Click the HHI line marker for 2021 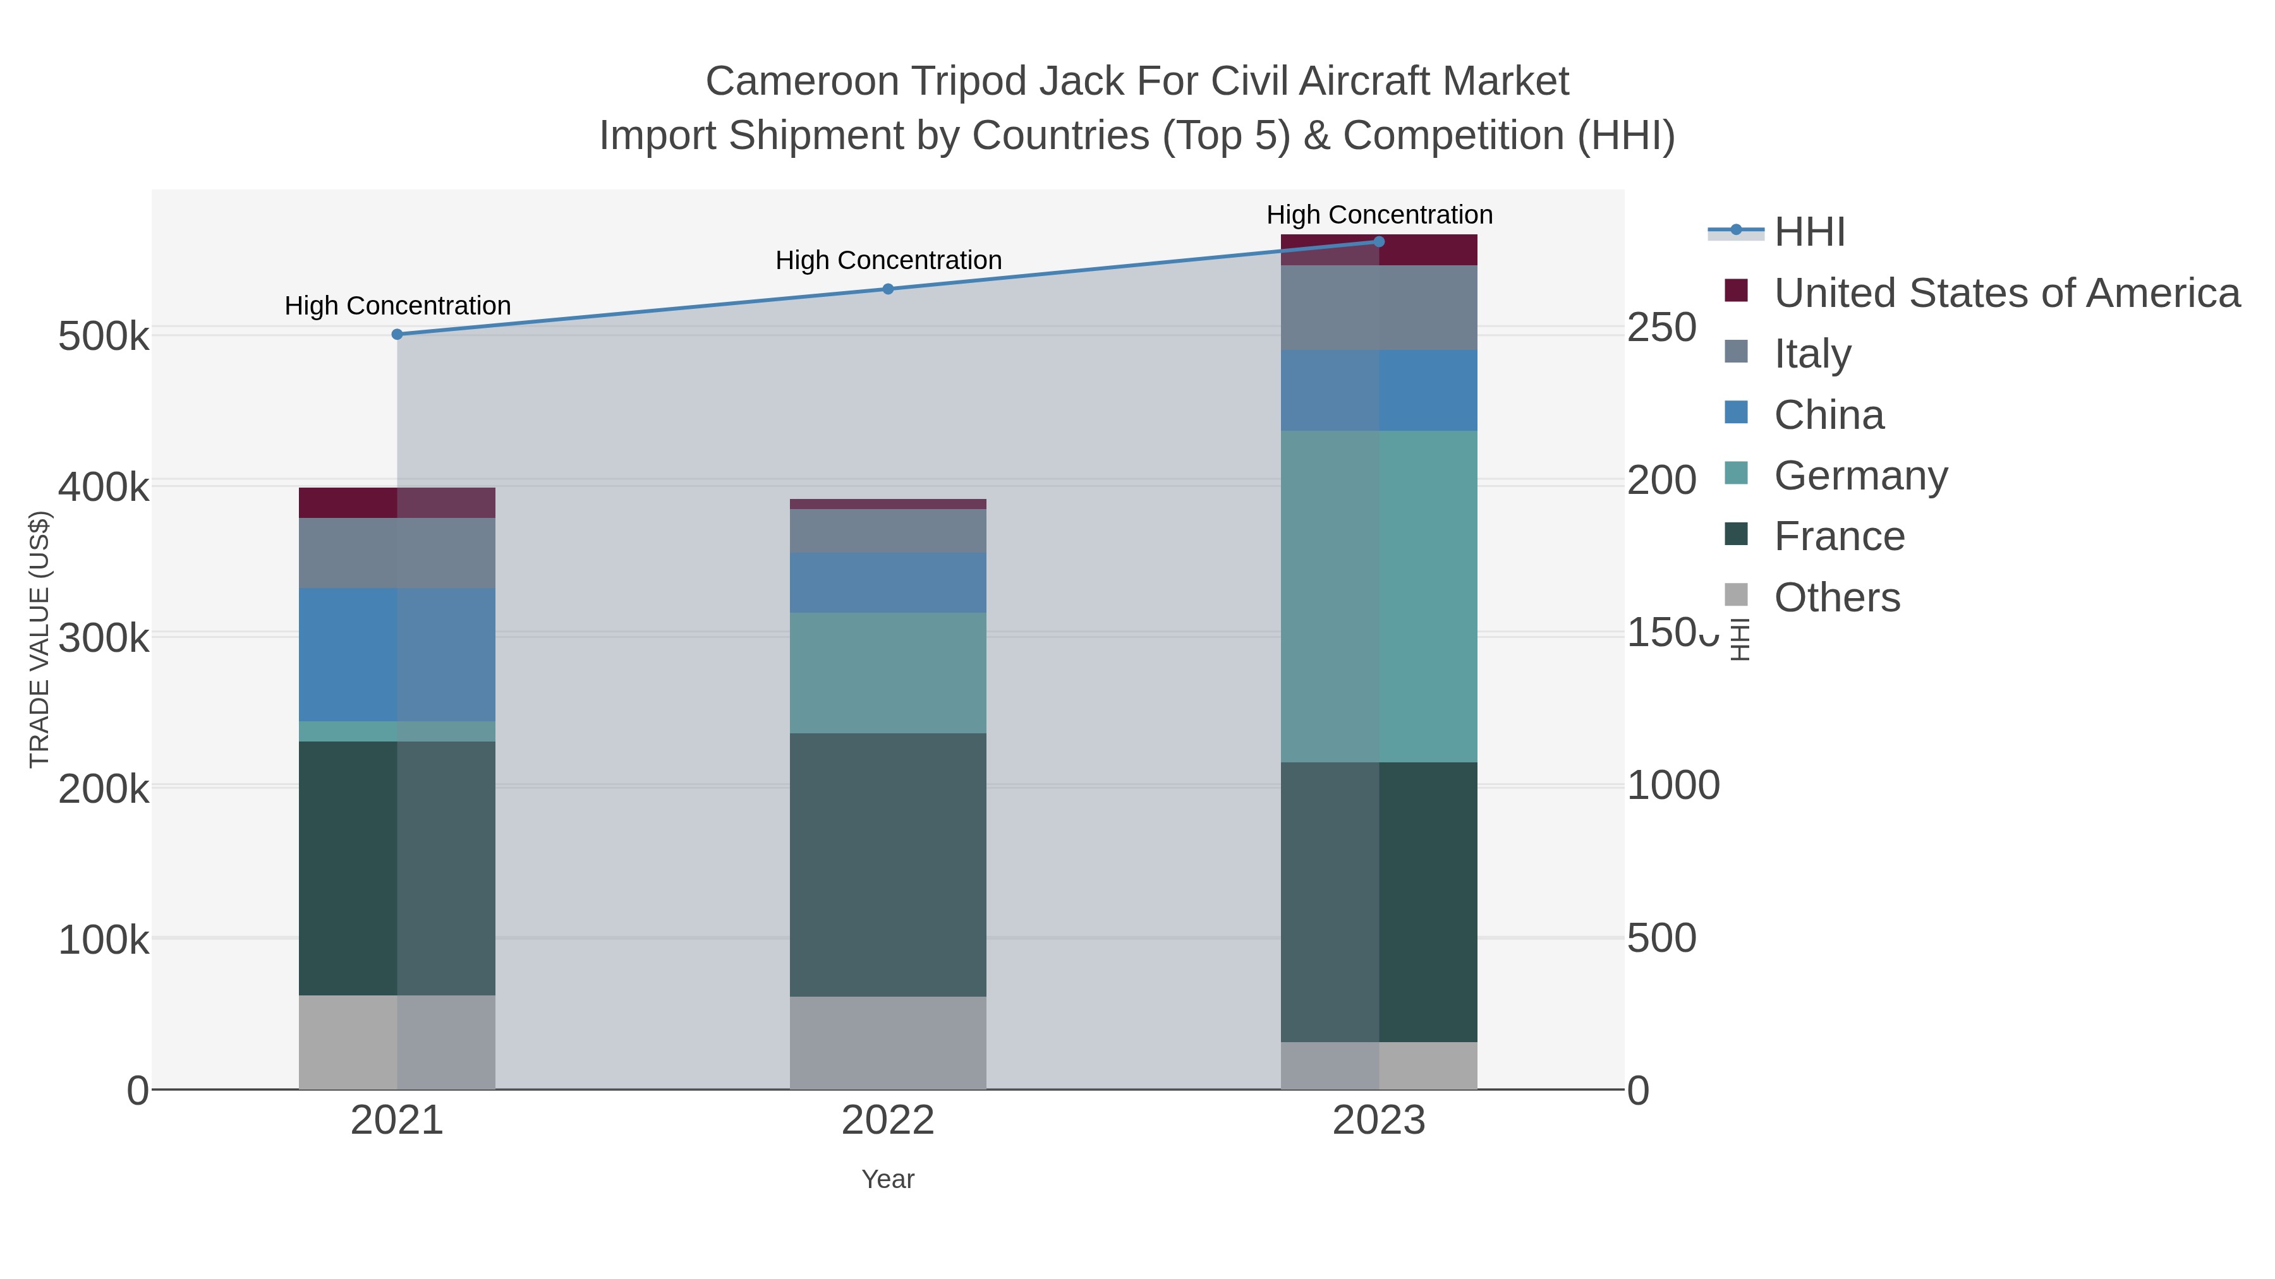397,335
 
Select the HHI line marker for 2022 889,289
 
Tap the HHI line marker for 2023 1380,242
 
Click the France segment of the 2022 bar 889,865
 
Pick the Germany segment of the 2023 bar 1380,597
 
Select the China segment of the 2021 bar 397,655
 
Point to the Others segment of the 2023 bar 1380,1066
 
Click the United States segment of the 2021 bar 397,503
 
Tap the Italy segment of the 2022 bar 889,531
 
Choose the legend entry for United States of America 2006,293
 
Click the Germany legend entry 1861,476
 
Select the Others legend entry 1837,597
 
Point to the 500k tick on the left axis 104,336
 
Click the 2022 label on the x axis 889,1121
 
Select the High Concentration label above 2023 1380,215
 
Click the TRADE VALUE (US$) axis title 40,639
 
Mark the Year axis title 889,1179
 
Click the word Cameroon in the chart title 801,81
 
